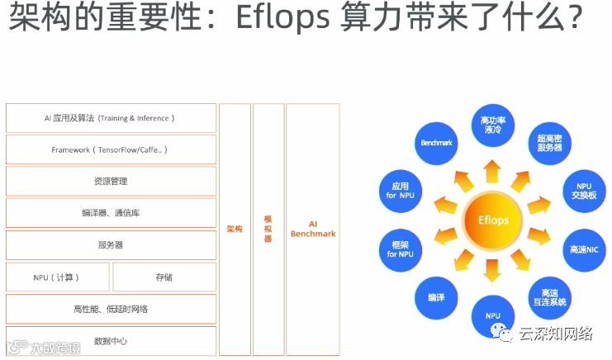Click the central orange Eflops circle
pos(492,220)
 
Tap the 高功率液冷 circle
pos(492,125)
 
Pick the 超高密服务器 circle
pos(549,143)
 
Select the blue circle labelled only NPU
pos(493,316)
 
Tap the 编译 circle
pos(436,296)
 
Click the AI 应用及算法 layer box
pos(111,118)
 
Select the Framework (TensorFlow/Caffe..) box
pos(111,149)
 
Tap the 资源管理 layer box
pos(111,181)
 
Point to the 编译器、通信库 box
pos(111,213)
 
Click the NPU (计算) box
pos(57,277)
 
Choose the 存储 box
pos(164,277)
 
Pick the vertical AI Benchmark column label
pos(313,229)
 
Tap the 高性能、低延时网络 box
pos(111,309)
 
